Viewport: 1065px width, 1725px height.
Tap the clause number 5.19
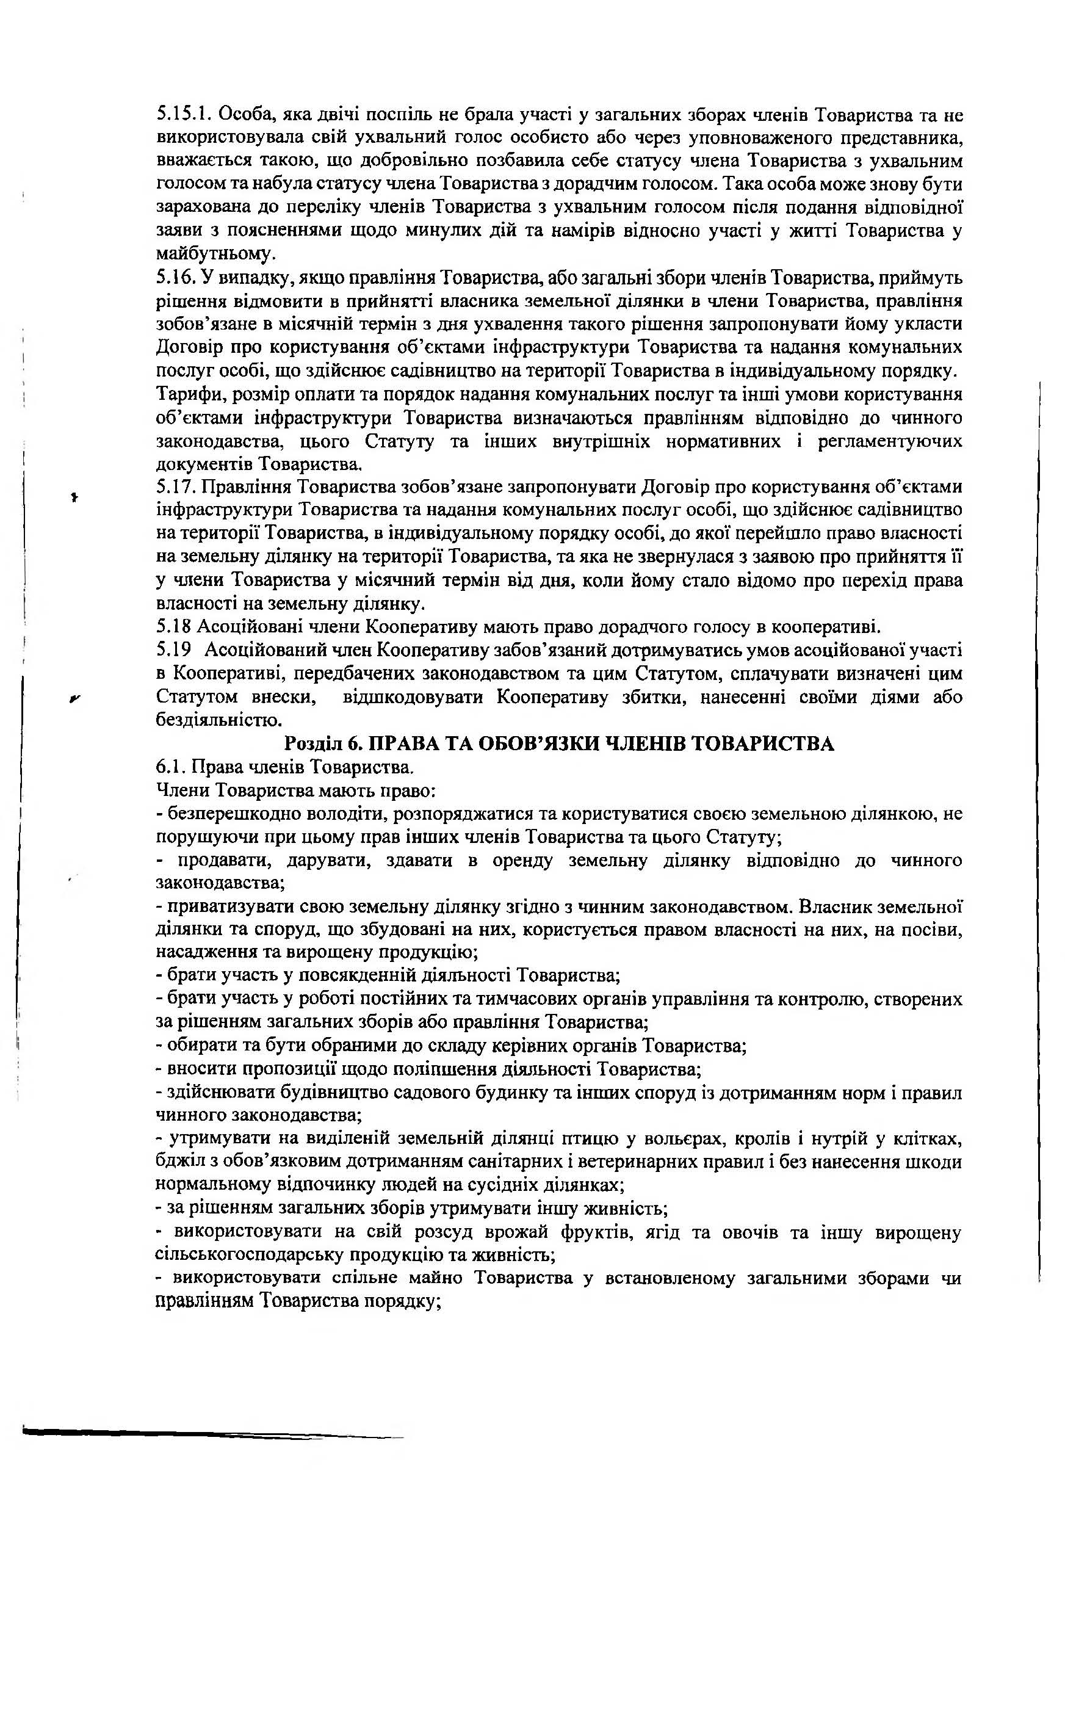pyautogui.click(x=173, y=649)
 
